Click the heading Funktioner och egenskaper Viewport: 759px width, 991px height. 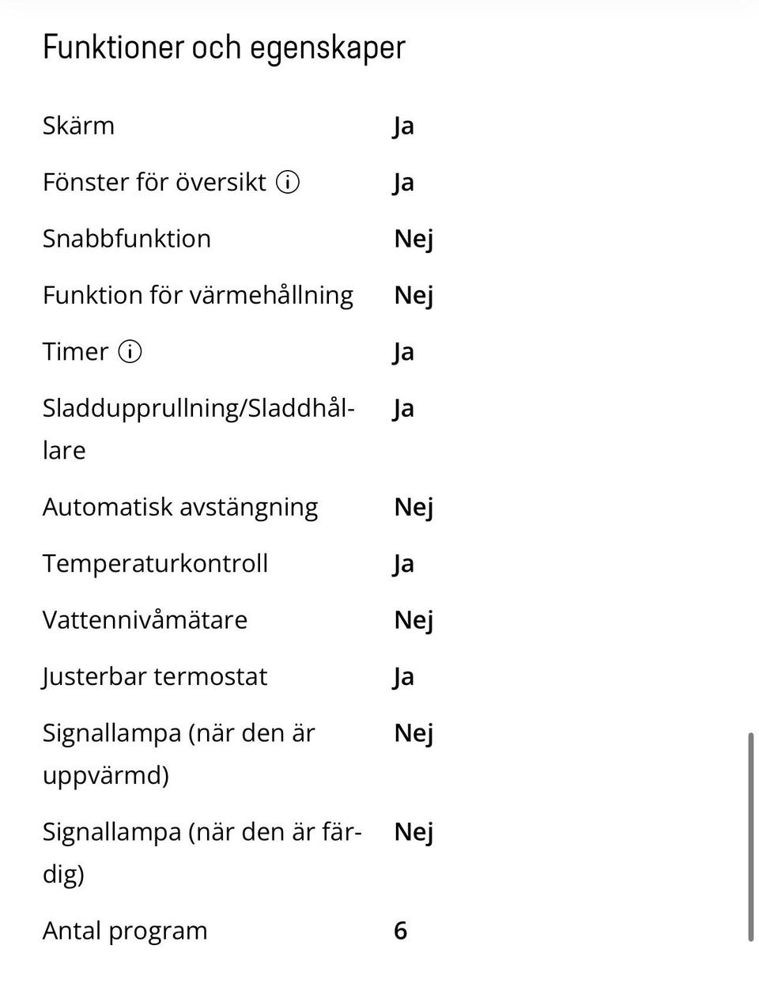(224, 47)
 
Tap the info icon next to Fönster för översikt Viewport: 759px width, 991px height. (288, 183)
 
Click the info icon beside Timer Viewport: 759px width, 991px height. (130, 351)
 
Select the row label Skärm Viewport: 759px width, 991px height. (78, 126)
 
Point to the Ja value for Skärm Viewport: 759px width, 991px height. (403, 127)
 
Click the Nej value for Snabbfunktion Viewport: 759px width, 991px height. (413, 239)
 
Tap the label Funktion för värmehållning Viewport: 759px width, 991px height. (198, 295)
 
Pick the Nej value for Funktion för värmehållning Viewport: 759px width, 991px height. (413, 296)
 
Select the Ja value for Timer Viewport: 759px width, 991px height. (403, 352)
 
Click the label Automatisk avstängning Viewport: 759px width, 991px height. (180, 507)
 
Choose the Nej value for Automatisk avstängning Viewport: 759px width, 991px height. (413, 507)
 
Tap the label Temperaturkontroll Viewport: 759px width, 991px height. (155, 563)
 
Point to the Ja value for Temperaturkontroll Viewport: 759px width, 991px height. (403, 564)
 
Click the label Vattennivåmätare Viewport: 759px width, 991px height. (145, 620)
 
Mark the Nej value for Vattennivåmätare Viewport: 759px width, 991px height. (413, 620)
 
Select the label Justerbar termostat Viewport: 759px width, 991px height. (155, 677)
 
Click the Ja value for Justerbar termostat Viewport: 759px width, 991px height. (403, 677)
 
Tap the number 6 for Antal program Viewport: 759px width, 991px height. (401, 931)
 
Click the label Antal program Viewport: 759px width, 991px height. (125, 931)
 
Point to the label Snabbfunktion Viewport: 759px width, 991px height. (126, 239)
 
